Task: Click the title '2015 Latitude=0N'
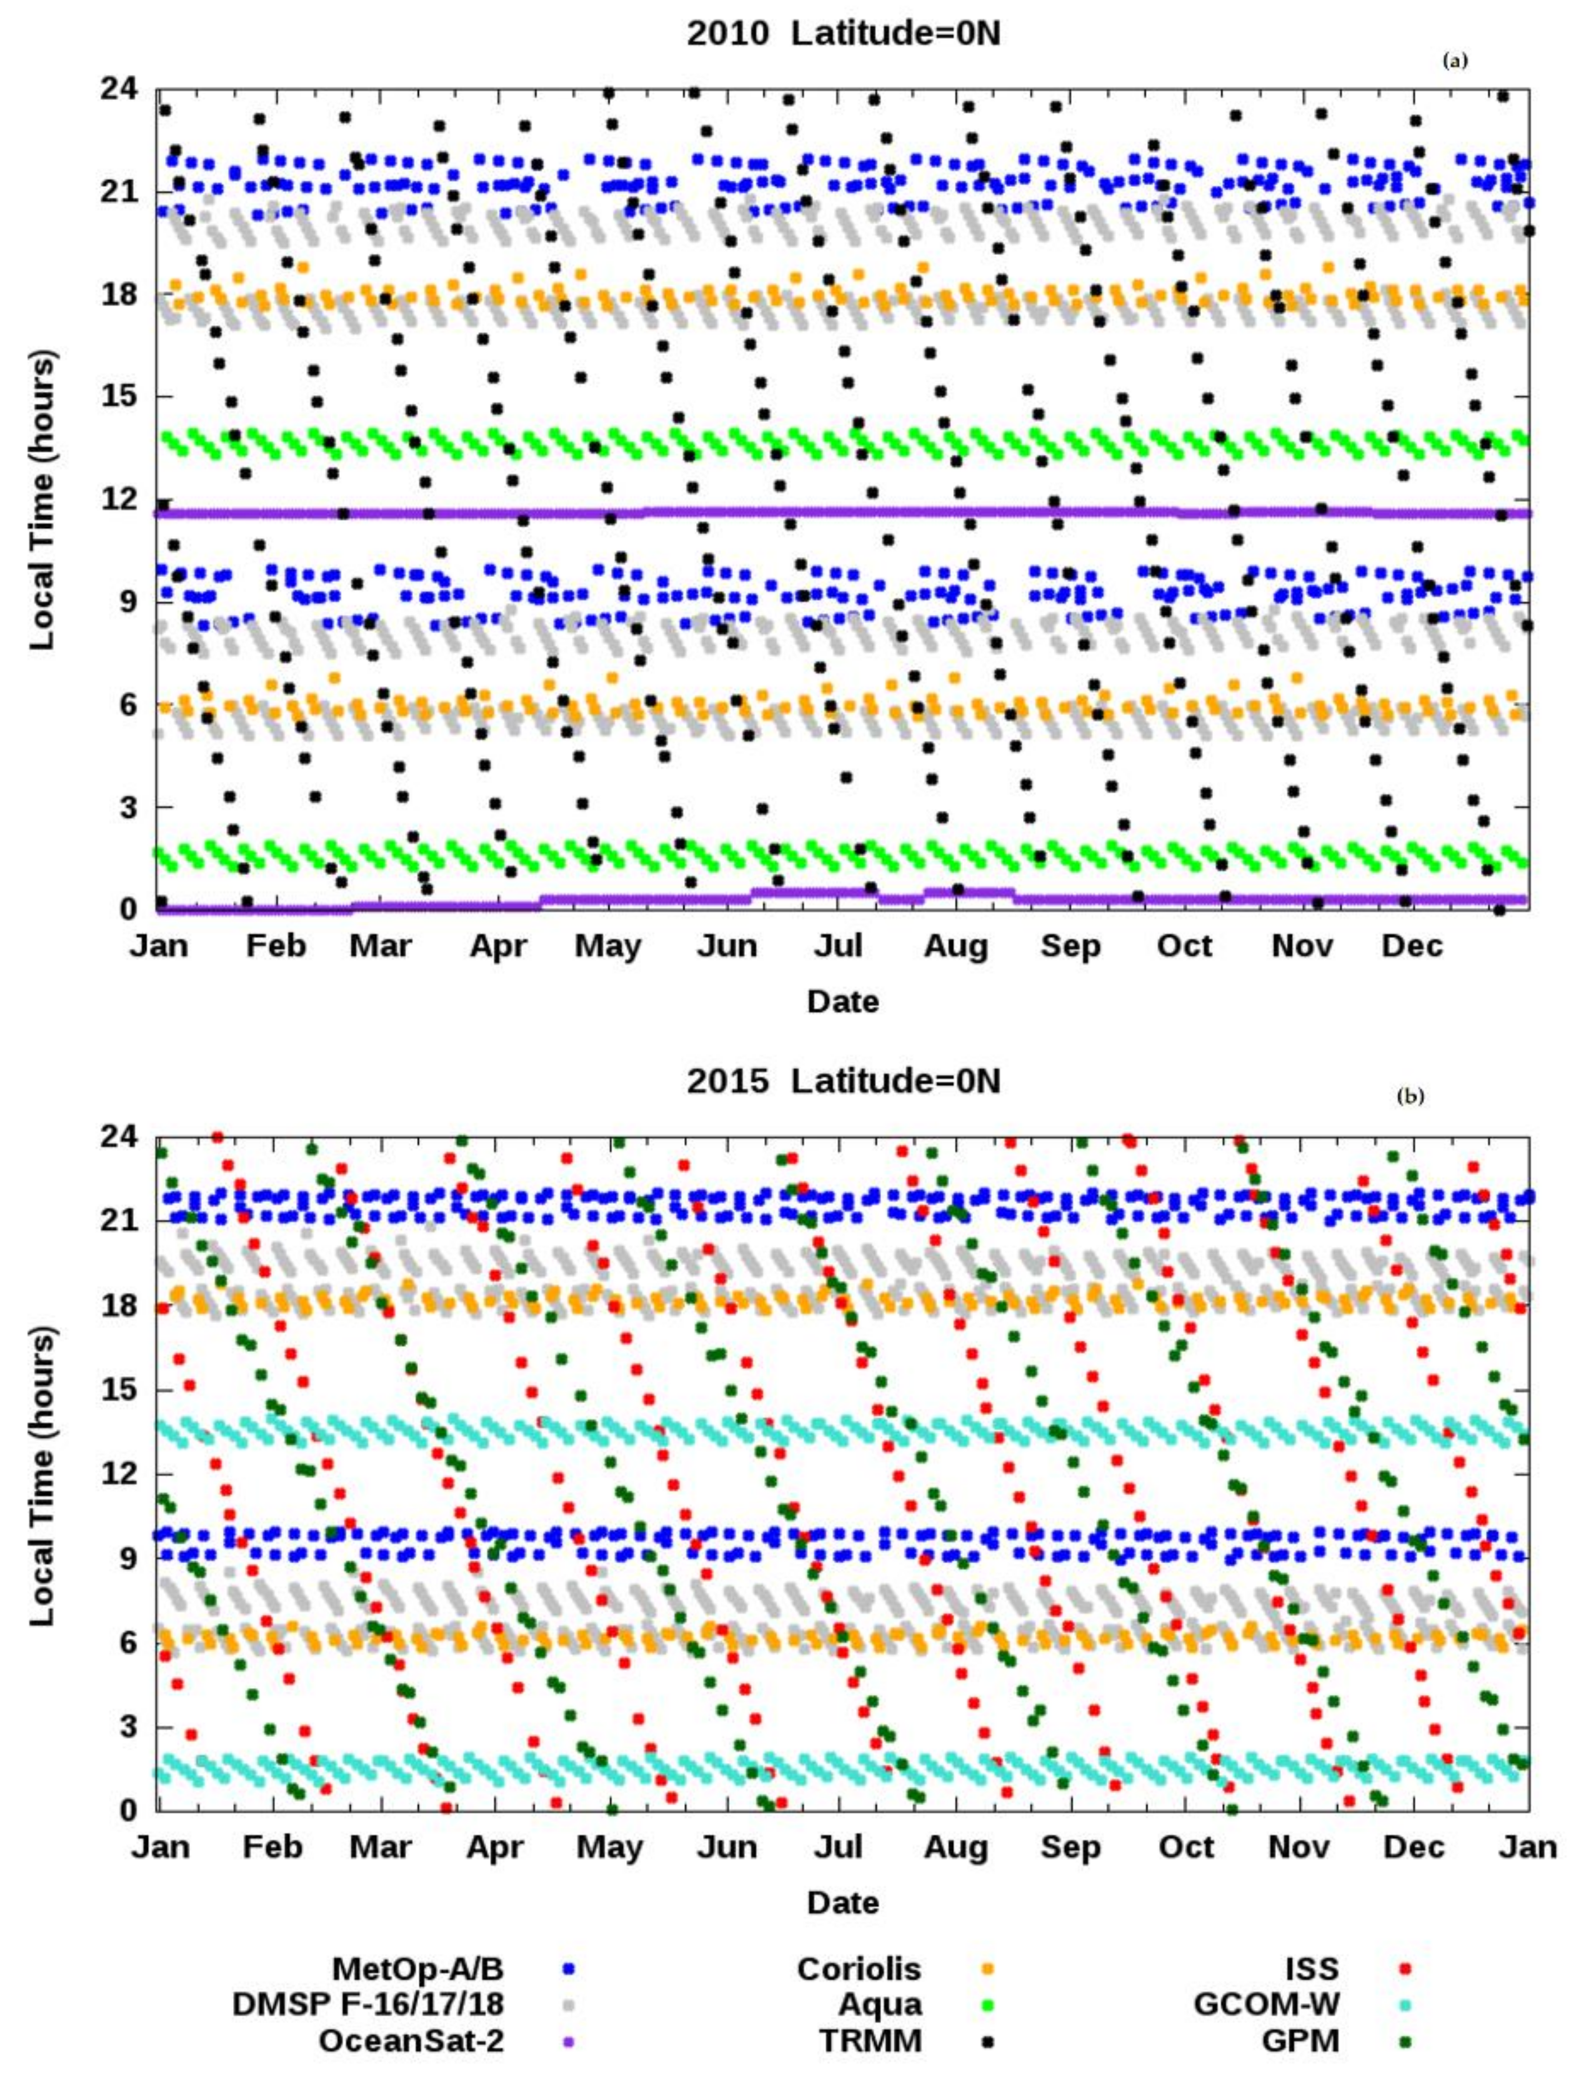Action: point(843,1081)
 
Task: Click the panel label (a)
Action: point(1454,61)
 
